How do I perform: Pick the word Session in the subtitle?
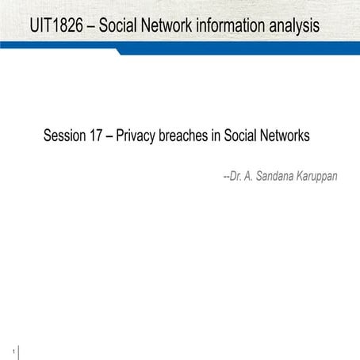pos(67,136)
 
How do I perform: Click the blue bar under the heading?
pos(238,50)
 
